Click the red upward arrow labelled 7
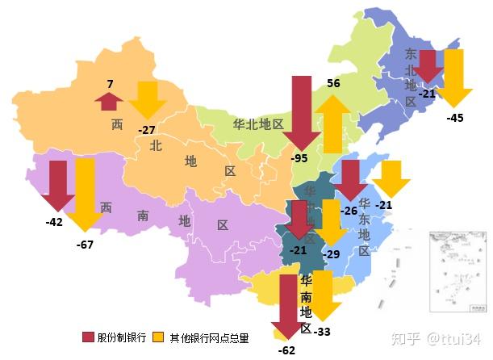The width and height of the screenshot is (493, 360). tap(108, 100)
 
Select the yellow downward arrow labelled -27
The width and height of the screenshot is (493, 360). tap(148, 99)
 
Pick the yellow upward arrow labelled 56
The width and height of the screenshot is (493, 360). tap(332, 123)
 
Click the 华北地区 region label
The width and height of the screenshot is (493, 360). tap(258, 124)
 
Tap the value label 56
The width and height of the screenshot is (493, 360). tap(333, 83)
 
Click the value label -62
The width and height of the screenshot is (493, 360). tap(286, 350)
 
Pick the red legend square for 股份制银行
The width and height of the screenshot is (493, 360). tap(88, 337)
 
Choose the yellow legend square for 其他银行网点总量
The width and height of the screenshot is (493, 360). tap(159, 337)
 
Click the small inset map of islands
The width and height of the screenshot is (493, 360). tap(457, 271)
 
